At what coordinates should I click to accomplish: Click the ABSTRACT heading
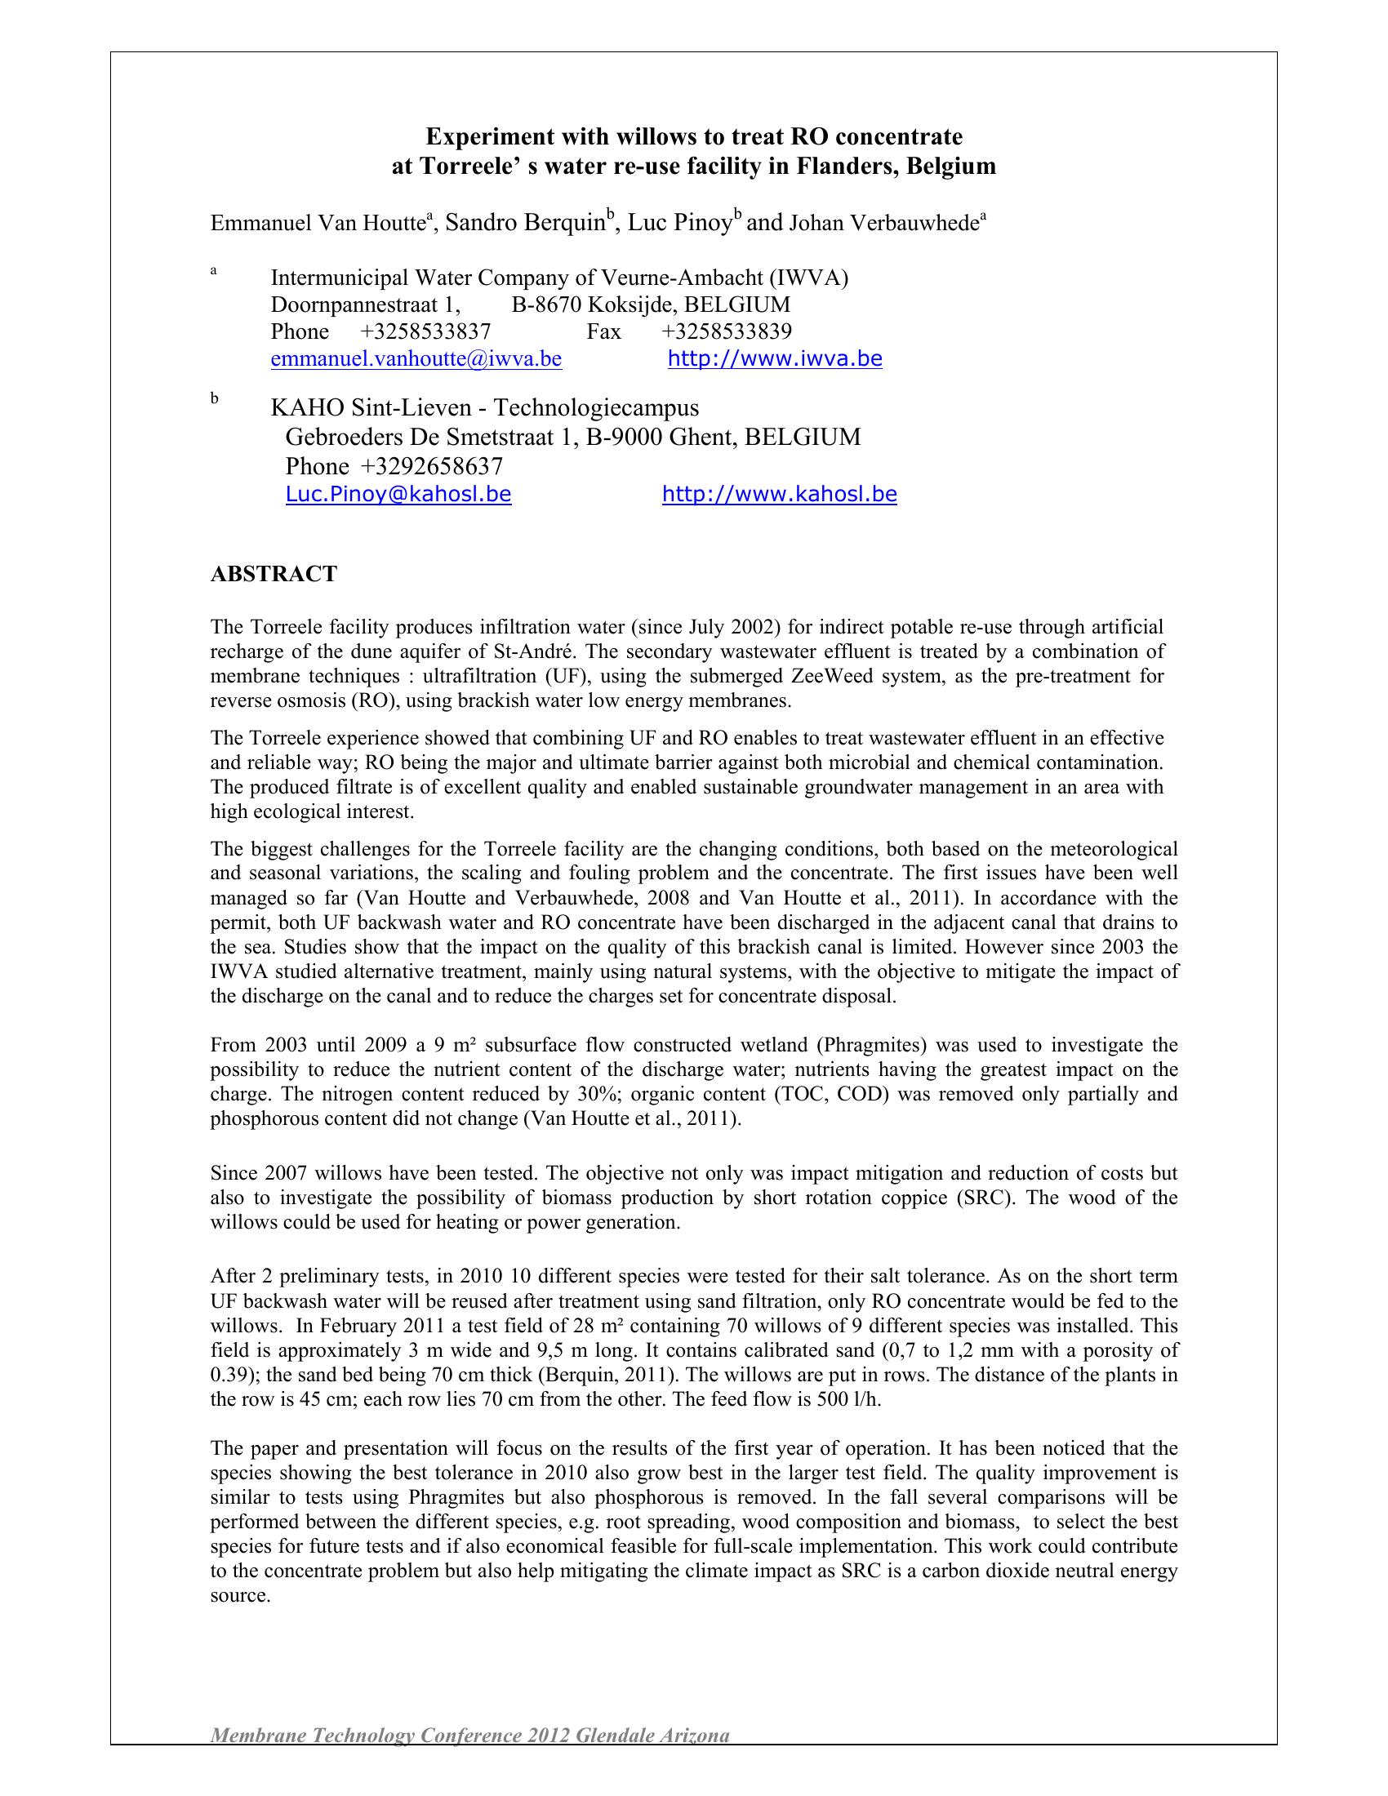tap(273, 573)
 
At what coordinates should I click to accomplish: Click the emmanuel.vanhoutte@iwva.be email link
tap(416, 359)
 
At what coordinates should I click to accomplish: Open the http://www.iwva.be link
tap(775, 358)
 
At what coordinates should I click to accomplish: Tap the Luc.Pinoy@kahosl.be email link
tap(398, 494)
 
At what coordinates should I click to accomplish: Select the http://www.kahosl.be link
tap(779, 494)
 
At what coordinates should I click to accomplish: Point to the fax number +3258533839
tap(726, 331)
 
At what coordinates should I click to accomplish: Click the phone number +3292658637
tap(431, 466)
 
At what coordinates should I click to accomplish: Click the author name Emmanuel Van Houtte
tap(318, 223)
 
